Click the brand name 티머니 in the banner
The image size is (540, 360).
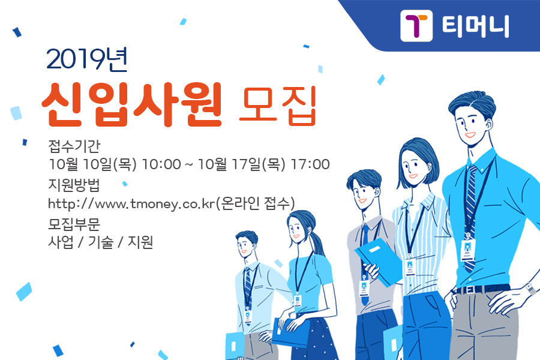(x=475, y=26)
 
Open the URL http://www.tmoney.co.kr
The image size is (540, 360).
(x=131, y=203)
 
